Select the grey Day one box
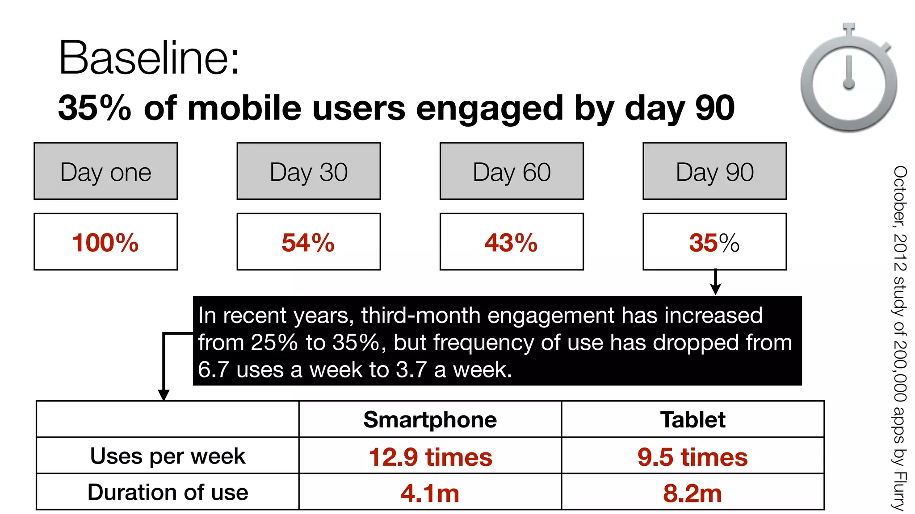click(106, 171)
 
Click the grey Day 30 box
click(309, 171)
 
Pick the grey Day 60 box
click(512, 171)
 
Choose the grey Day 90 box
click(714, 171)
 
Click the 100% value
click(106, 243)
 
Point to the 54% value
click(308, 243)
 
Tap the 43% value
click(511, 243)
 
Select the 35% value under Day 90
click(714, 243)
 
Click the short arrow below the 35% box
click(715, 282)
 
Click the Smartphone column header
click(430, 420)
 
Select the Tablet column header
click(693, 420)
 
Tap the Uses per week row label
click(168, 456)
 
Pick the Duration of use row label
click(168, 493)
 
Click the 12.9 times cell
click(430, 457)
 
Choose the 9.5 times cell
click(693, 457)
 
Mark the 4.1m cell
click(430, 493)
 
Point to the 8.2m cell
click(693, 493)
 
